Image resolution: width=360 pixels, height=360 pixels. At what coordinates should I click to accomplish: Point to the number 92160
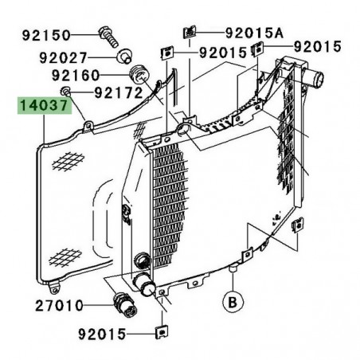pos(76,76)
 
